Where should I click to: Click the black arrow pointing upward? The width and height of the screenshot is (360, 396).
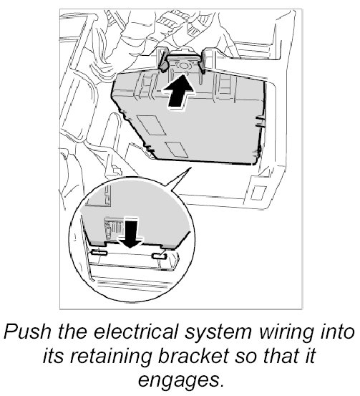(178, 92)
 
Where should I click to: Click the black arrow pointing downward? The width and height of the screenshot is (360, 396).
(131, 233)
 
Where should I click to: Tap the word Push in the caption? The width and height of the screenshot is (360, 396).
(28, 332)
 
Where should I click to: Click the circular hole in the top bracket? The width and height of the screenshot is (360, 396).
(184, 65)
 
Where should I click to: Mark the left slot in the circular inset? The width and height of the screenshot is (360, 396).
(99, 252)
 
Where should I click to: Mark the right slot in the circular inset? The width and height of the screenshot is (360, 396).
(159, 256)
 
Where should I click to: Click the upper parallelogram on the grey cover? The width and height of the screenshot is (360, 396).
(151, 125)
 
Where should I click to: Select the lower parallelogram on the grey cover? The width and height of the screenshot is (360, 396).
(177, 149)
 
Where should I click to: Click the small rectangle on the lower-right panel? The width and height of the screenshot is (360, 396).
(259, 193)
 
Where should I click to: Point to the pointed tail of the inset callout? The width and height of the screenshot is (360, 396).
(190, 168)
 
